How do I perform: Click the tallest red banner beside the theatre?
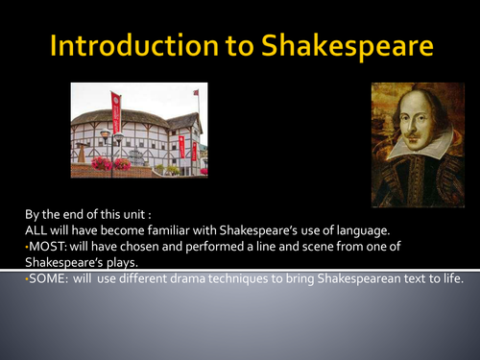pyautogui.click(x=116, y=112)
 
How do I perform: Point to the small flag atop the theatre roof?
pyautogui.click(x=196, y=93)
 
